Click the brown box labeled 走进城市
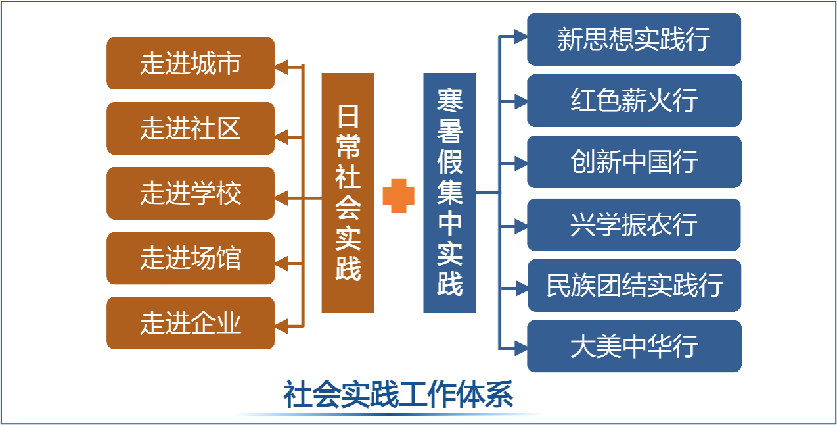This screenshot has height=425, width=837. [191, 63]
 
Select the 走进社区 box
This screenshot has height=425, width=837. [191, 128]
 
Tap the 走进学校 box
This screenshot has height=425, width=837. [191, 193]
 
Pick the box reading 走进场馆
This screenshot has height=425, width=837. [191, 258]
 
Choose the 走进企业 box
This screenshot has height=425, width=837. [191, 323]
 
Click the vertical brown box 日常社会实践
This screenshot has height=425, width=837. [348, 193]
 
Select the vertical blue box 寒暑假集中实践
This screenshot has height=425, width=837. [449, 193]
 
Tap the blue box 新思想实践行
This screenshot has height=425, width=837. [634, 39]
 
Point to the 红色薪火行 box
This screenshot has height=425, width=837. [634, 101]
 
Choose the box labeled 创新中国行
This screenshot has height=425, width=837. [634, 162]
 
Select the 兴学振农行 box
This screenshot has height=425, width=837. [634, 225]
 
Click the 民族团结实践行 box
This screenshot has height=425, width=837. [634, 286]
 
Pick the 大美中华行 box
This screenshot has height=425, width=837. [634, 346]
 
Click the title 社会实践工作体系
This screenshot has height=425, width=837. [398, 396]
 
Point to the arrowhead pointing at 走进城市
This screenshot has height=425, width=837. [281, 65]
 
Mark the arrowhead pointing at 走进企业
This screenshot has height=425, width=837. [281, 325]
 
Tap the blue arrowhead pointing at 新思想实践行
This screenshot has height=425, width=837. [520, 37]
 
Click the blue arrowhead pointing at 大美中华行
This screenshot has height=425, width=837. [520, 346]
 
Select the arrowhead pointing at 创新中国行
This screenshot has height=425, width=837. [520, 162]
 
